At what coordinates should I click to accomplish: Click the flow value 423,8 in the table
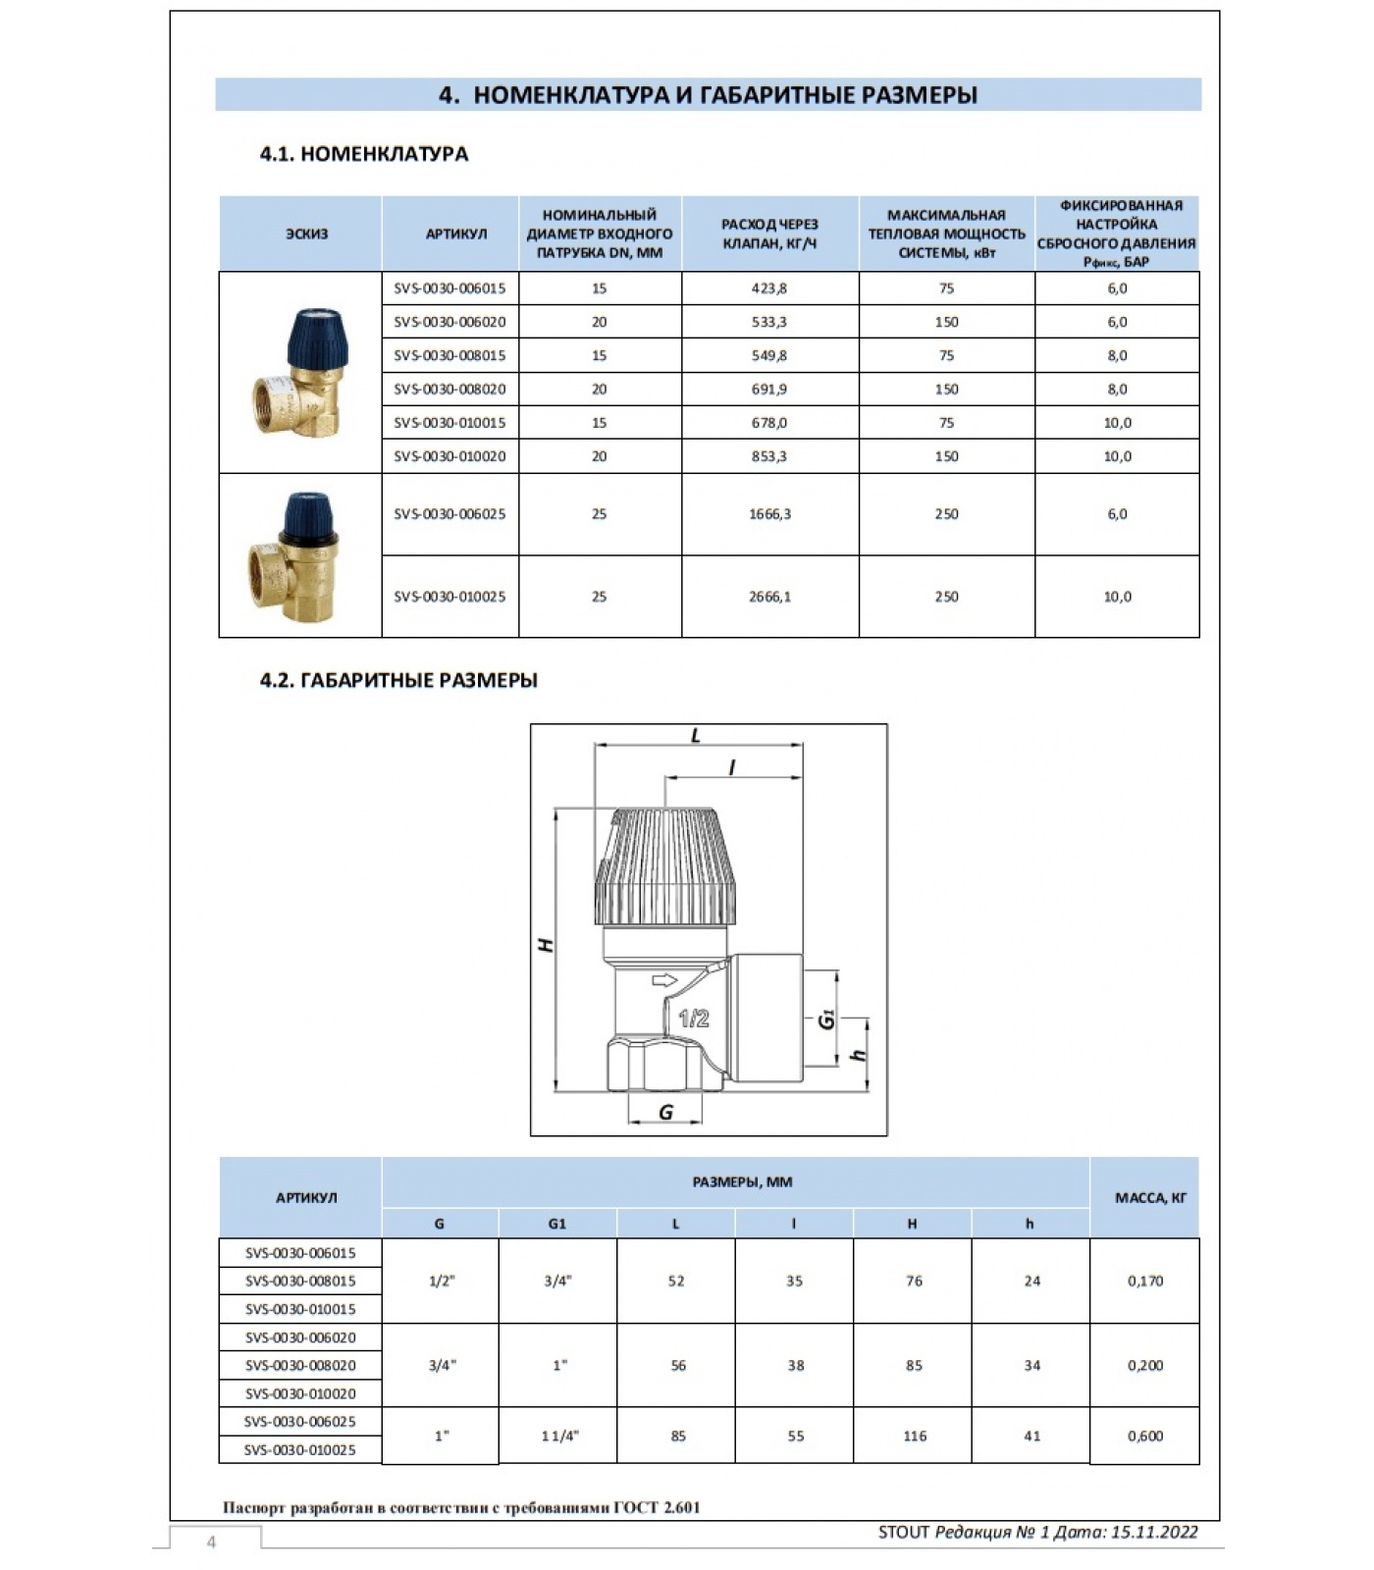(768, 288)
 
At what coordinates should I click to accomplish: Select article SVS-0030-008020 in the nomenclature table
(449, 390)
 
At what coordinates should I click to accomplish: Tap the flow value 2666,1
(769, 597)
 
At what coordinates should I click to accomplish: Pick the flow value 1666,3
(769, 514)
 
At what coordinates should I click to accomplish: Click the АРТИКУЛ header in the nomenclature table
(455, 234)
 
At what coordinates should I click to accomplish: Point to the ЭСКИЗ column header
(306, 234)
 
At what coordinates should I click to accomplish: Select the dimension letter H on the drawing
(546, 945)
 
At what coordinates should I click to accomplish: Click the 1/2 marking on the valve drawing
(694, 1019)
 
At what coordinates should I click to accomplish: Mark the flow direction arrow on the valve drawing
(665, 980)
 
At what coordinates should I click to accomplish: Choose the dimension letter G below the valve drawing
(665, 1113)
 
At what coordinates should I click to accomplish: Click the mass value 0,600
(1144, 1436)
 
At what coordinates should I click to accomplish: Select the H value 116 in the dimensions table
(914, 1436)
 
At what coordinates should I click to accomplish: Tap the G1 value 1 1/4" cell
(559, 1436)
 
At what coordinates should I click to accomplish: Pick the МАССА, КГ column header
(1150, 1198)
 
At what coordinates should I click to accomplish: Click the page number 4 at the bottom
(211, 1543)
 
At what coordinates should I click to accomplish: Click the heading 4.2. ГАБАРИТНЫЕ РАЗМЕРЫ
(398, 680)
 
